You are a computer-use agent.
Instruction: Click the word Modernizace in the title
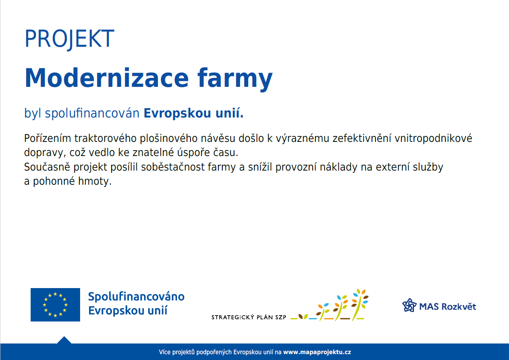click(106, 78)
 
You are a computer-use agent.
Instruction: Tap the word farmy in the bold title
click(235, 79)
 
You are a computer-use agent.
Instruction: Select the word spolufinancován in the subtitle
click(92, 113)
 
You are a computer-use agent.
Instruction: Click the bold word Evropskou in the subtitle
click(177, 113)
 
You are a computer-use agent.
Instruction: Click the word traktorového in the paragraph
click(105, 138)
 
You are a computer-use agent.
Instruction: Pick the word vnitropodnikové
click(433, 138)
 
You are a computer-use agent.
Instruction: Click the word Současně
click(47, 167)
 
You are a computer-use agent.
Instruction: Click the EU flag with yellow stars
click(55, 305)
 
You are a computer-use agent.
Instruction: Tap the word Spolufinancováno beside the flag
click(136, 297)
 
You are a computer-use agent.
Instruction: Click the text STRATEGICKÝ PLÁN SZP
click(249, 317)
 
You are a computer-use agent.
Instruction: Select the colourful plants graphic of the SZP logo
click(329, 305)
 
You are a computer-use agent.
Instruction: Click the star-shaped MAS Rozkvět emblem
click(409, 305)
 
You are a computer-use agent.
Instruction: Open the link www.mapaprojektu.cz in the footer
click(317, 352)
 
